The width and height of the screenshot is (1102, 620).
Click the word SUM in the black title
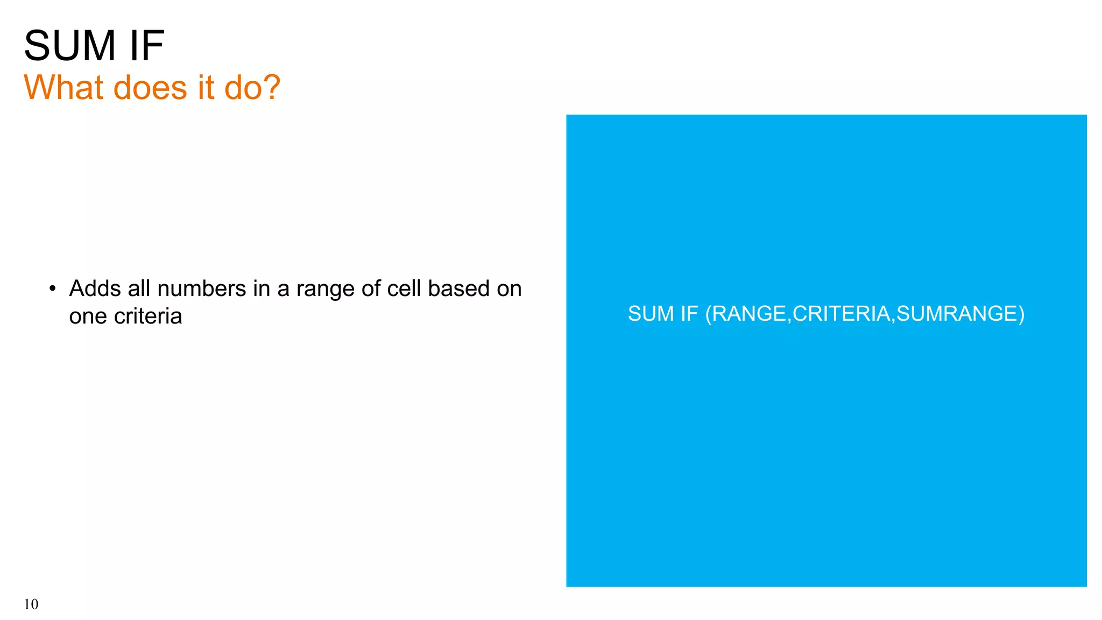pyautogui.click(x=70, y=46)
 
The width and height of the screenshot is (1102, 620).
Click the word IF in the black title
pyautogui.click(x=146, y=46)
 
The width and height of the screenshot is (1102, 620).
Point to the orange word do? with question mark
pyautogui.click(x=252, y=87)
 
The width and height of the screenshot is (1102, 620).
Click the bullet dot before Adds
pyautogui.click(x=52, y=289)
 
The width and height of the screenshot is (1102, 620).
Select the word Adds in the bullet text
pyautogui.click(x=95, y=289)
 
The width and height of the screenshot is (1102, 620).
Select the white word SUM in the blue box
pyautogui.click(x=651, y=314)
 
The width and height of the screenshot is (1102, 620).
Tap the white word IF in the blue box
pyautogui.click(x=689, y=314)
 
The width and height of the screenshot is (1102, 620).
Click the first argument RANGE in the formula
pyautogui.click(x=748, y=314)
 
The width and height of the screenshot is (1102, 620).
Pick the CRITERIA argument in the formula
pyautogui.click(x=841, y=314)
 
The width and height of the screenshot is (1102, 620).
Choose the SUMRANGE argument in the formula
pyautogui.click(x=957, y=314)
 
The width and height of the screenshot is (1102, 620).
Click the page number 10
pyautogui.click(x=31, y=604)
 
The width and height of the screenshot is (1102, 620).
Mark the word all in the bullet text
pyautogui.click(x=139, y=289)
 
